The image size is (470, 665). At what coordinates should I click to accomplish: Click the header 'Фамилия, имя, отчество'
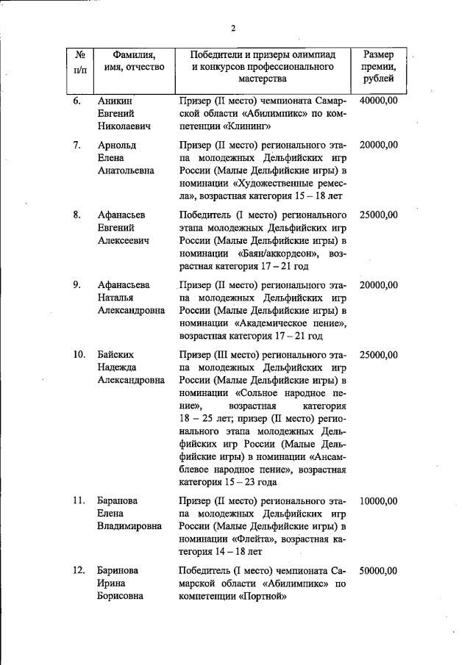pyautogui.click(x=133, y=61)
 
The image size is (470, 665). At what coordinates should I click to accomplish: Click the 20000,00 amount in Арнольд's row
pyautogui.click(x=378, y=145)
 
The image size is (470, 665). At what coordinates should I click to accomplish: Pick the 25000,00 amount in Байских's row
pyautogui.click(x=378, y=355)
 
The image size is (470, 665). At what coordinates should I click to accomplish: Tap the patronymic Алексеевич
pyautogui.click(x=124, y=240)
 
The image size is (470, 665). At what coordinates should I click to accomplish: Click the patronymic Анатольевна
pyautogui.click(x=126, y=170)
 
